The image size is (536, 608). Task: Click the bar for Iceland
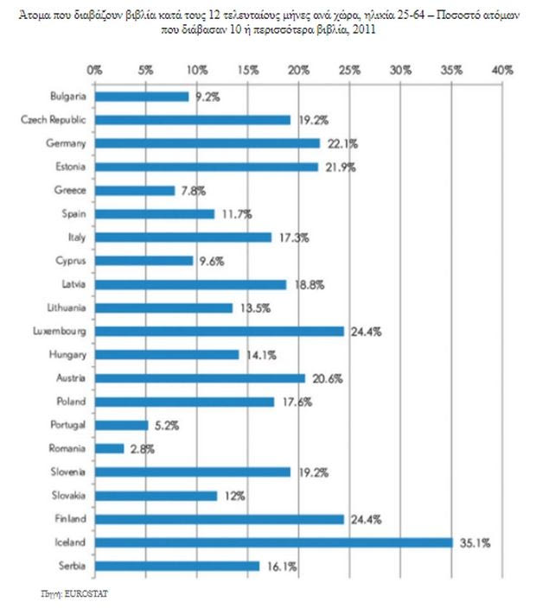(x=273, y=542)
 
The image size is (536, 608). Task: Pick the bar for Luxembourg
(x=219, y=331)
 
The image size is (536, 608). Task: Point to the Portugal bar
(x=121, y=425)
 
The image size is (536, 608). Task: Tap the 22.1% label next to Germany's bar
(x=342, y=143)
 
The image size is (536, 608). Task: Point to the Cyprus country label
(x=69, y=260)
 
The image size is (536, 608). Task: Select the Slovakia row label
(x=67, y=496)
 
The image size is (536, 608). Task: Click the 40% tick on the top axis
(x=501, y=68)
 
